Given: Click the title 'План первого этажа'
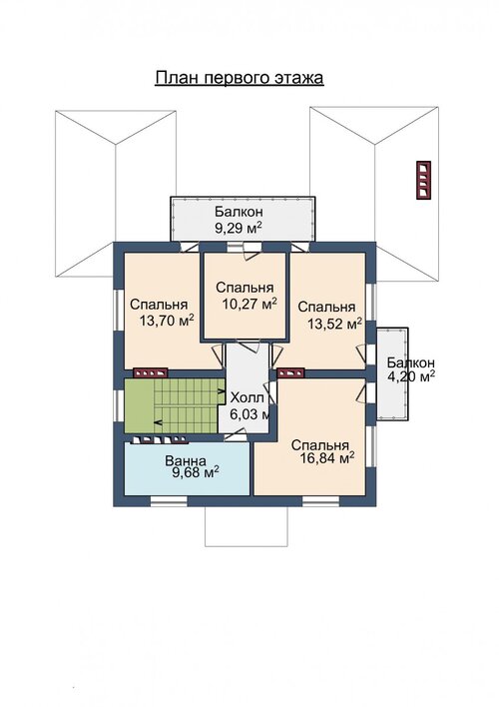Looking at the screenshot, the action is click(240, 78).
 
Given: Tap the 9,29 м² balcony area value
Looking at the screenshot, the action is click(239, 227).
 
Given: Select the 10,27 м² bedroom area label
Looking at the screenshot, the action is click(249, 304).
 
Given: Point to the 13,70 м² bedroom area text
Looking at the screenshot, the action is click(167, 321).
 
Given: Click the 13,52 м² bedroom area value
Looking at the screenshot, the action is click(335, 323).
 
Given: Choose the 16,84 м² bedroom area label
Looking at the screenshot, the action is click(326, 458).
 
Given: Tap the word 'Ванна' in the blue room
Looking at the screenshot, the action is click(186, 460).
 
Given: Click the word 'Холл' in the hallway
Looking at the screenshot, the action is click(248, 397).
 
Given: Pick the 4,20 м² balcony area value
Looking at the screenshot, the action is click(411, 376).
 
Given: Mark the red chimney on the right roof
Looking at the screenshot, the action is click(423, 180).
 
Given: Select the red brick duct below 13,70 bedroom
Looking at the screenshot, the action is click(151, 372).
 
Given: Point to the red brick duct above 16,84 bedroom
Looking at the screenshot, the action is click(290, 372).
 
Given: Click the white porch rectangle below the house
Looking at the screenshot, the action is click(247, 526).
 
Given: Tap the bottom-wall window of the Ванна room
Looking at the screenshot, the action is click(169, 500).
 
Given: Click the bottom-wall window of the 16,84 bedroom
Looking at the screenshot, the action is click(320, 500).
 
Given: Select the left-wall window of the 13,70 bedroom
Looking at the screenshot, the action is click(118, 310).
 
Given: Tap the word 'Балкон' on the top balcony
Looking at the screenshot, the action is click(239, 212).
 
